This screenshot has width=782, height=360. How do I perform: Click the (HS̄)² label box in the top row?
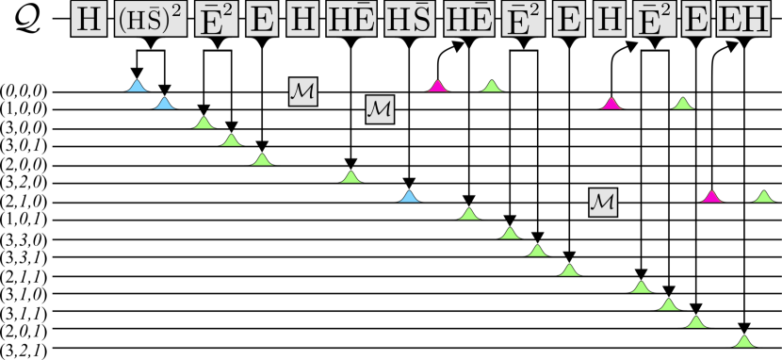click(x=150, y=21)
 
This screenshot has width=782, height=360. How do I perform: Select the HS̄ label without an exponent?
click(x=410, y=21)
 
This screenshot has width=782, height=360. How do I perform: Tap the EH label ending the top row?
click(x=742, y=21)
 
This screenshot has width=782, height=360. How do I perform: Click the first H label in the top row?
click(x=90, y=21)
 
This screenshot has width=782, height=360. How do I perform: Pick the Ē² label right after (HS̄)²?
click(x=216, y=21)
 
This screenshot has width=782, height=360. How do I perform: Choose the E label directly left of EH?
click(x=696, y=21)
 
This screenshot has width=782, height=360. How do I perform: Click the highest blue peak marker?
click(x=138, y=87)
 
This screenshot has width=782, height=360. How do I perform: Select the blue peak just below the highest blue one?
click(x=165, y=104)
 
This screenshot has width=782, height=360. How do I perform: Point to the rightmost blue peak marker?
click(x=409, y=197)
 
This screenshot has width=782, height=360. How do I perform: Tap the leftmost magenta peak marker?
click(x=437, y=87)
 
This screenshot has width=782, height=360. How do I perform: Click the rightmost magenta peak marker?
click(x=712, y=197)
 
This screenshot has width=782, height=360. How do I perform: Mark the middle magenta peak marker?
click(x=612, y=104)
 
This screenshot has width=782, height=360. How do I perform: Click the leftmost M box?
click(x=302, y=91)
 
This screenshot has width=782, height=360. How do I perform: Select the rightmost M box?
click(x=603, y=202)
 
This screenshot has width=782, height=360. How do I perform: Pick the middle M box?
click(x=380, y=109)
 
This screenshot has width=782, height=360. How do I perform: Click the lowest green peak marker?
click(x=744, y=341)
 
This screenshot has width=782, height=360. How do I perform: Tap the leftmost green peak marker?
click(x=204, y=123)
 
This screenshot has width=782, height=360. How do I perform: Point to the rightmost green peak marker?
click(x=764, y=197)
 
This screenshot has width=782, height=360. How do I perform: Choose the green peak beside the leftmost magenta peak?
click(x=491, y=87)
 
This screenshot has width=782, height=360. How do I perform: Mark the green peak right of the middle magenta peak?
click(x=684, y=104)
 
